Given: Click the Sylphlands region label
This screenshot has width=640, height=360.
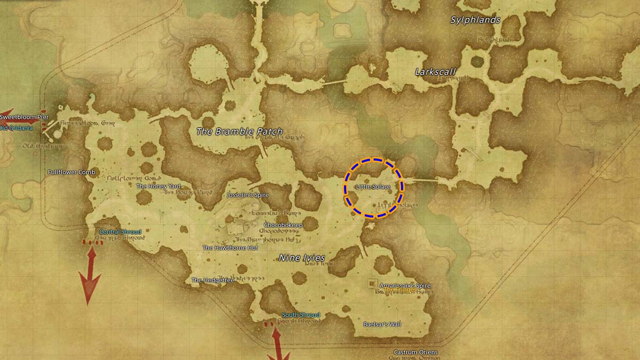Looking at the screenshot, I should [x=475, y=20].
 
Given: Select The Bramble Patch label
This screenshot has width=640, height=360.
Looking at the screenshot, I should [x=239, y=131].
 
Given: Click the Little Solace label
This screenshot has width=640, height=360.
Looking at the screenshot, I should [x=373, y=187].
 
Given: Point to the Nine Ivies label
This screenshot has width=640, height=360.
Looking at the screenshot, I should [x=302, y=258].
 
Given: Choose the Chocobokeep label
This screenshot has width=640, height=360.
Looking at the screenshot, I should [x=283, y=226].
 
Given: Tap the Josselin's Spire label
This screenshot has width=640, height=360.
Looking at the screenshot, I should [x=248, y=195].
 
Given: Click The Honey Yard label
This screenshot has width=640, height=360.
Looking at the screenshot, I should [x=159, y=186].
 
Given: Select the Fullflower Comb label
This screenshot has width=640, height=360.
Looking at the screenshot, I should [x=71, y=172].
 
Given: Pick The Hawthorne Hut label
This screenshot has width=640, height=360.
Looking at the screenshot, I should [x=230, y=248].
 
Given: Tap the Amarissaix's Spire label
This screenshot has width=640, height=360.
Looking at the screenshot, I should [x=405, y=286].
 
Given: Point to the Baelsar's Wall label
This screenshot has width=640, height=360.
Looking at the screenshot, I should [x=382, y=324].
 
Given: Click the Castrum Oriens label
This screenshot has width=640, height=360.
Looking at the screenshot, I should [x=415, y=353].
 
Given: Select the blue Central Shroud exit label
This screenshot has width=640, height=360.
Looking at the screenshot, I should [x=121, y=232].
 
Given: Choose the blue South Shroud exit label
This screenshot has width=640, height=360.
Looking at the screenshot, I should [x=301, y=315].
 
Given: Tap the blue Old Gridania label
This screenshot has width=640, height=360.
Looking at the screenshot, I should [x=17, y=128].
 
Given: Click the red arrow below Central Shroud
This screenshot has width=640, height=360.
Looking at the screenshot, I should [x=90, y=272].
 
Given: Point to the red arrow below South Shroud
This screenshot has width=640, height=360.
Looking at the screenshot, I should [x=277, y=344].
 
